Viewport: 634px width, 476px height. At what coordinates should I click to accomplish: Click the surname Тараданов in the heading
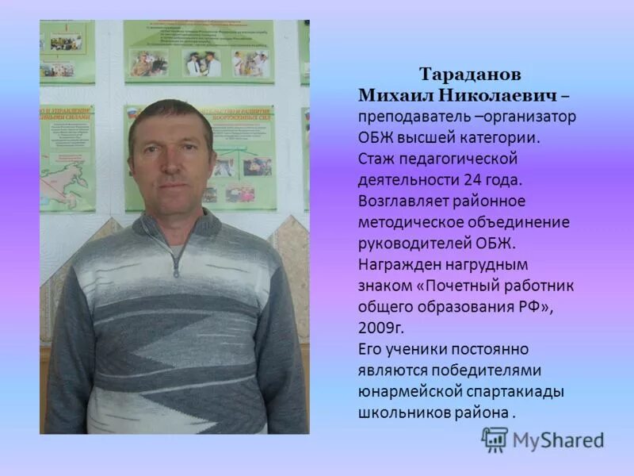470,75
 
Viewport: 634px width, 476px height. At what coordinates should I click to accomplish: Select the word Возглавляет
403,201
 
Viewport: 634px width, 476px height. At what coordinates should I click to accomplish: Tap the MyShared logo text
558,440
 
